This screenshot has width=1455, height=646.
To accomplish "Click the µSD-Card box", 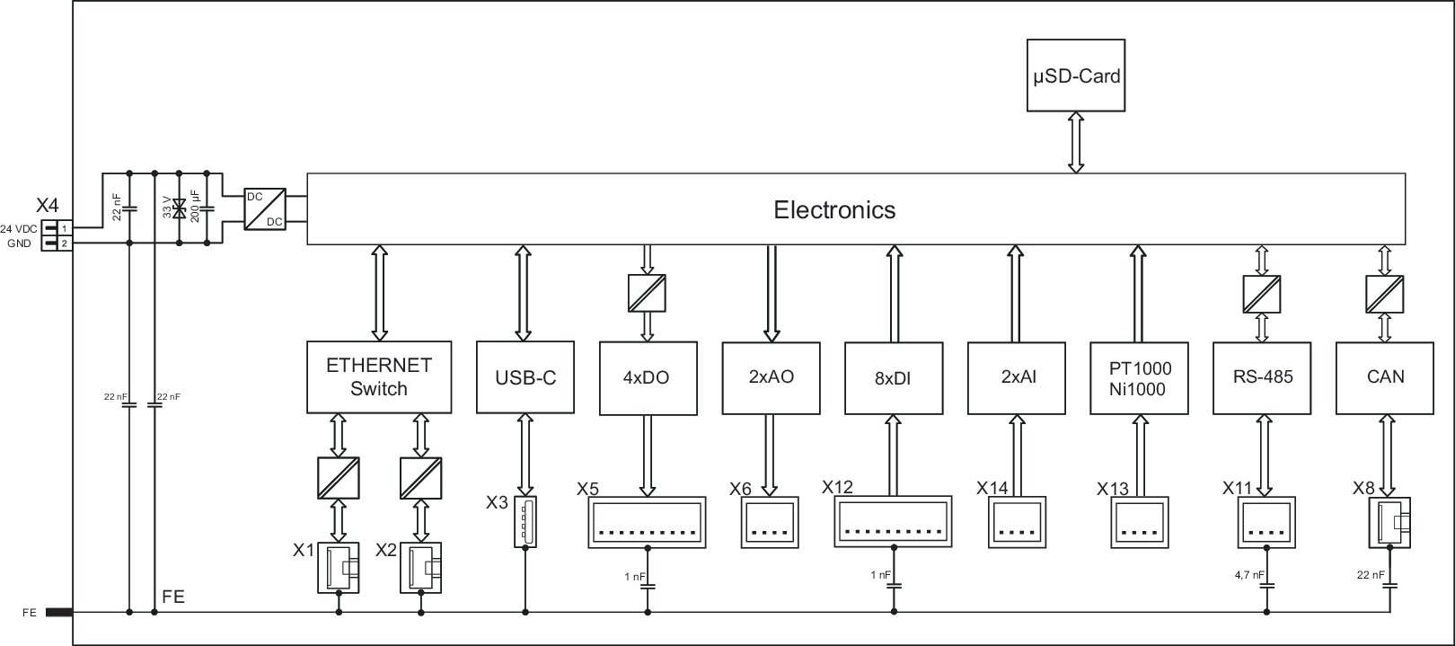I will (1075, 75).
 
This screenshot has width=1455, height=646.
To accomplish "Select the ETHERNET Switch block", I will (378, 377).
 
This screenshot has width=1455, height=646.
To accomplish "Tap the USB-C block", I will (525, 377).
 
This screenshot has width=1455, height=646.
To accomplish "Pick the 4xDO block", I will (647, 377).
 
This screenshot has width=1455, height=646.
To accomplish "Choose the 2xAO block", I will (771, 377).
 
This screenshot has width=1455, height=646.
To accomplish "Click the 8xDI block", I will (893, 377).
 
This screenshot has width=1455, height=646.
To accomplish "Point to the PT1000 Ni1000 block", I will (1139, 378).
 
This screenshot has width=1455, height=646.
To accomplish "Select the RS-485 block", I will (1263, 377).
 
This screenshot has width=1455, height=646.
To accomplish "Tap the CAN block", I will (1385, 377).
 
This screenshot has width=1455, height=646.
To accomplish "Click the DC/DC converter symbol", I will (265, 208).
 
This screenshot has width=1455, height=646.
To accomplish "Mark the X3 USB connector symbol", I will (525, 521).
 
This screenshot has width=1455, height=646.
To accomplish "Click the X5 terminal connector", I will (647, 522).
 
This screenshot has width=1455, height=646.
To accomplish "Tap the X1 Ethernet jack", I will (339, 567).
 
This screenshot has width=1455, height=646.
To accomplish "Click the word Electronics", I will (834, 210).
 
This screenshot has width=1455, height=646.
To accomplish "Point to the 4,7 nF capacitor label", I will (1249, 575).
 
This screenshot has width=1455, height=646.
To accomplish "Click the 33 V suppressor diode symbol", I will (180, 208).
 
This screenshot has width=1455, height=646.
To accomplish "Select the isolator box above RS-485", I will (1262, 295).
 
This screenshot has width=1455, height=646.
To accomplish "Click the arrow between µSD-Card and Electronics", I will (1076, 142).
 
